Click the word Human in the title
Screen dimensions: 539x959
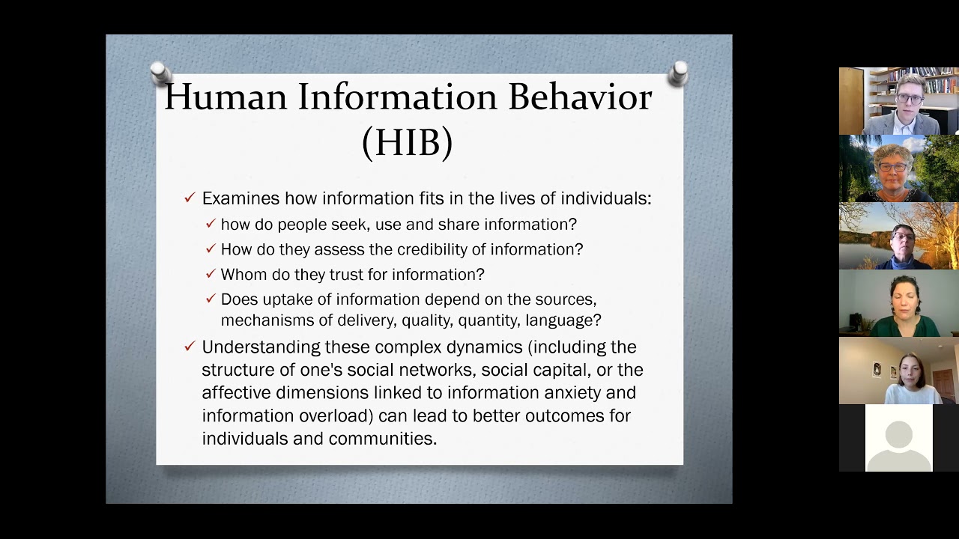click(226, 97)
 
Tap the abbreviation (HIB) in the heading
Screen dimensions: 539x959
click(407, 141)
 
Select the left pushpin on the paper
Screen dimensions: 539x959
click(159, 73)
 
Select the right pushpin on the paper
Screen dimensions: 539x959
click(678, 73)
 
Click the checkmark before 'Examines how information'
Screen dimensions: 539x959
click(190, 198)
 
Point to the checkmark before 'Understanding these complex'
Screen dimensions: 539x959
click(190, 347)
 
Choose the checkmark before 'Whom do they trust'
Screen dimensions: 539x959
click(211, 274)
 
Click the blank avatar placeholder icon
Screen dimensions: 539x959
click(898, 438)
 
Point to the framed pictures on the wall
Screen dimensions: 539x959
click(883, 369)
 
